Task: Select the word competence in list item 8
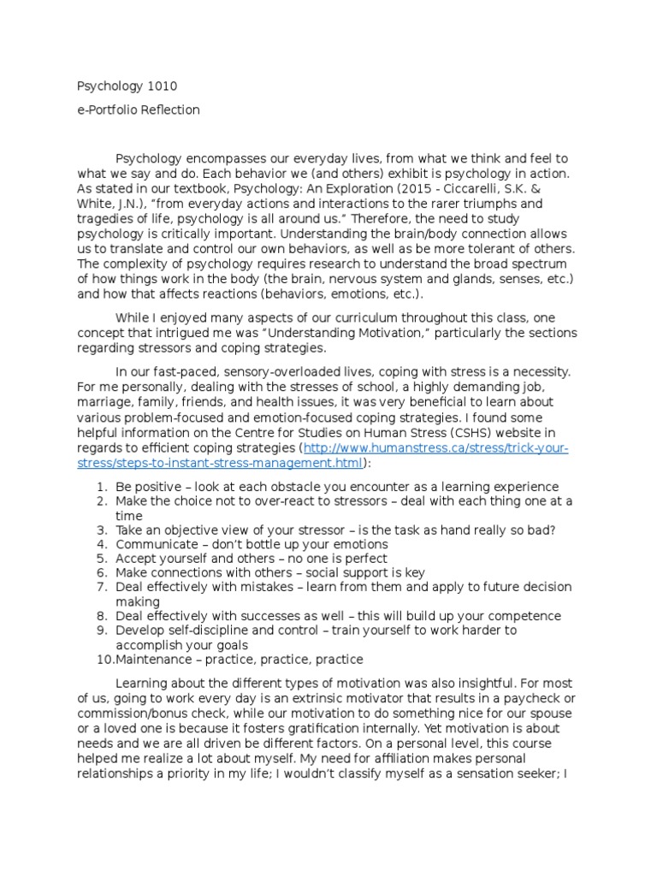525,616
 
